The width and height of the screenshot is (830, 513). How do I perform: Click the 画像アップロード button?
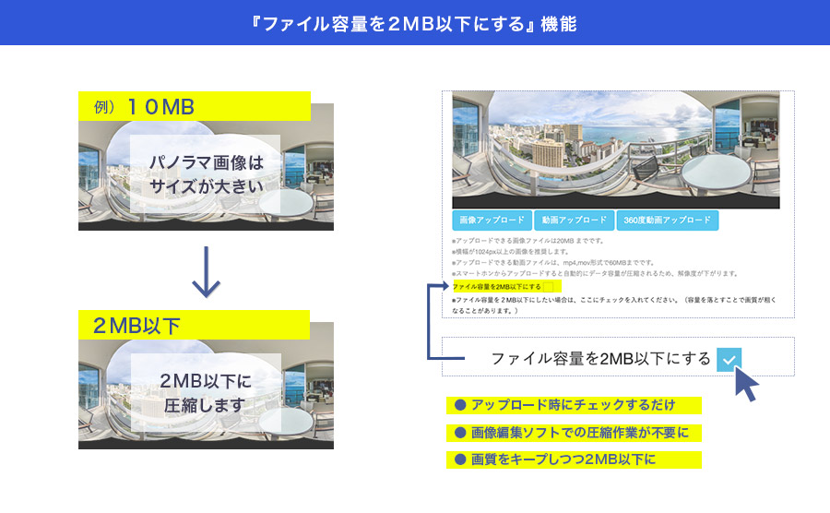click(x=492, y=221)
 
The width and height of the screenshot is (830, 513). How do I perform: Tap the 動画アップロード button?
click(x=573, y=221)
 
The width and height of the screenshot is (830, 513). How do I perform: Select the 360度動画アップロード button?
click(x=667, y=221)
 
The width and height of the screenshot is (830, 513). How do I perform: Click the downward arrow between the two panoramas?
click(x=206, y=272)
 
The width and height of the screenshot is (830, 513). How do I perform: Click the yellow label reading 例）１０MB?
click(x=194, y=107)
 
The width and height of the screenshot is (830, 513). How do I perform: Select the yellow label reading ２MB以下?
click(x=194, y=326)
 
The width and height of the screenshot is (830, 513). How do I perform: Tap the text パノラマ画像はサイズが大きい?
click(x=206, y=174)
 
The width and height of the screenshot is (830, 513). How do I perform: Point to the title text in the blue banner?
click(x=415, y=22)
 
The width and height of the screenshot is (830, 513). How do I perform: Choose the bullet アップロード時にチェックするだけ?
click(x=574, y=405)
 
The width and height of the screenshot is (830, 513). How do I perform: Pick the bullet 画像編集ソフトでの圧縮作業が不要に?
click(x=574, y=432)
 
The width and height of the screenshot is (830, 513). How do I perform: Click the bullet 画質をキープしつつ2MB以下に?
click(x=574, y=459)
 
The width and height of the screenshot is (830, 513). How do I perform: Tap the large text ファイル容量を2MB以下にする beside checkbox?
click(x=600, y=359)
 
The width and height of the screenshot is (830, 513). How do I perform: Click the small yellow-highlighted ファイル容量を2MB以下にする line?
click(x=496, y=287)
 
